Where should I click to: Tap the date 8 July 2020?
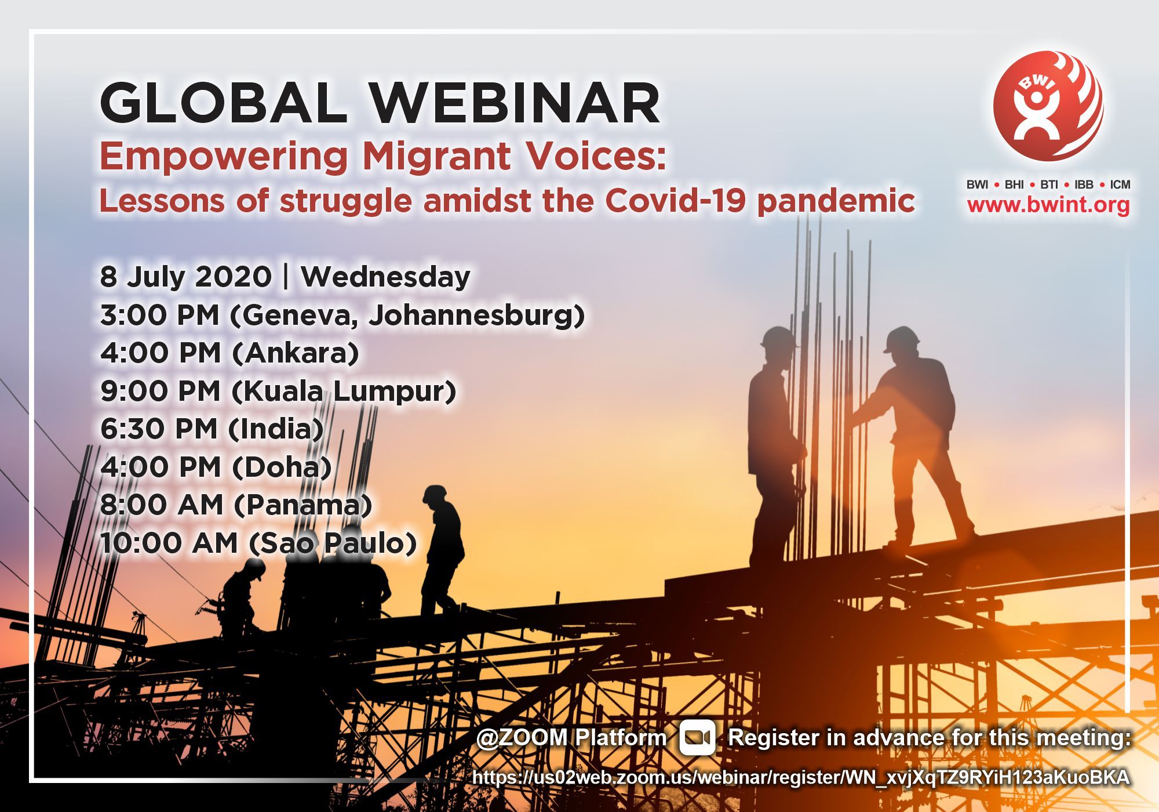pyautogui.click(x=185, y=277)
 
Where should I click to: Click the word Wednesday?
pyautogui.click(x=385, y=277)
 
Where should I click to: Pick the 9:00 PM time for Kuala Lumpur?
pyautogui.click(x=161, y=391)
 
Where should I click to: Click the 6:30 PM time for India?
pyautogui.click(x=159, y=429)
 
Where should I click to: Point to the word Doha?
pyautogui.click(x=282, y=467)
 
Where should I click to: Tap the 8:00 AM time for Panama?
pyautogui.click(x=162, y=505)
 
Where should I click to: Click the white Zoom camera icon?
pyautogui.click(x=697, y=737)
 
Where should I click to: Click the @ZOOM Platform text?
pyautogui.click(x=571, y=738)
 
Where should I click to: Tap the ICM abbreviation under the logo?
pyautogui.click(x=1120, y=185)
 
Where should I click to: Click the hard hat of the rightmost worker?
pyautogui.click(x=902, y=339)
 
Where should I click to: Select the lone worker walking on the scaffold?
pyautogui.click(x=443, y=550)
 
